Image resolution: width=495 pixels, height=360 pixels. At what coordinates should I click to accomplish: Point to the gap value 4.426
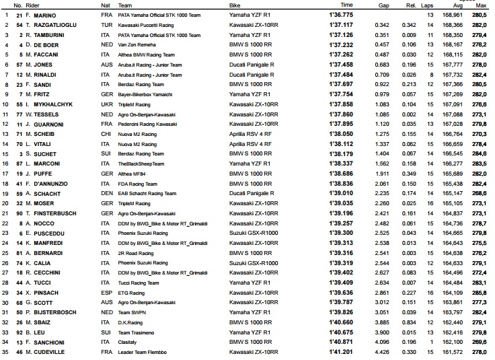tap(382, 352)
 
